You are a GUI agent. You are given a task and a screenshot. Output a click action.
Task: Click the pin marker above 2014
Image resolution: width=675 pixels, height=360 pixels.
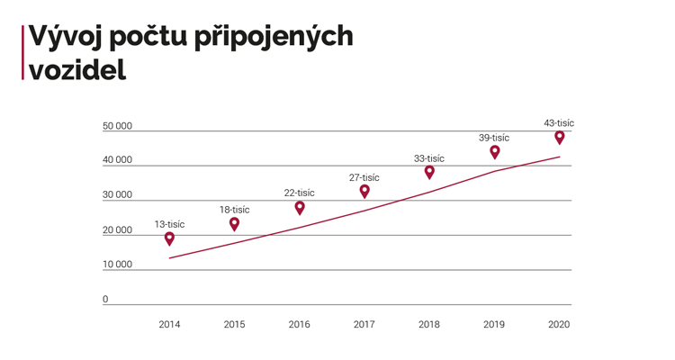click(169, 238)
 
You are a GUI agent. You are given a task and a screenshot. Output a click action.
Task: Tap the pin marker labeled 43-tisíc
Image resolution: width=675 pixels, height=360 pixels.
click(560, 137)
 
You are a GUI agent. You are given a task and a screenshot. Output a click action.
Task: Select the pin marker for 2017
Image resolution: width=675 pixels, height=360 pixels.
click(364, 191)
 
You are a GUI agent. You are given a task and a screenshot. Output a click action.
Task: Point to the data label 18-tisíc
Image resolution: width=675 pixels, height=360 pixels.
click(234, 210)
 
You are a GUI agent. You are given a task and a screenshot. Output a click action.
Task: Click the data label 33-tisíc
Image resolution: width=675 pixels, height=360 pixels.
click(429, 158)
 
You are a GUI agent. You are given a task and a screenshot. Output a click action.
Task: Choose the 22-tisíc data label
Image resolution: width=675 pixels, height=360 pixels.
click(300, 193)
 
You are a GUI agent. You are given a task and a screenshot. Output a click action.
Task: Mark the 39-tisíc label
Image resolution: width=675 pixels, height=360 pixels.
click(494, 138)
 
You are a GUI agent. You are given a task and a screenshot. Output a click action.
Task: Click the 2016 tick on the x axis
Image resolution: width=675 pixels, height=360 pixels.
click(300, 324)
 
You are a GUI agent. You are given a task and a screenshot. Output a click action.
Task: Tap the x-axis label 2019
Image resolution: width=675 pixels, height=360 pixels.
click(494, 324)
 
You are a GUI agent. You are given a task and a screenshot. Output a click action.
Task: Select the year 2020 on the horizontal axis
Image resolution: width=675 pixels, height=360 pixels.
click(559, 324)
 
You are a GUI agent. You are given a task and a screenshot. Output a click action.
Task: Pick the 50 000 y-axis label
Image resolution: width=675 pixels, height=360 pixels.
click(118, 126)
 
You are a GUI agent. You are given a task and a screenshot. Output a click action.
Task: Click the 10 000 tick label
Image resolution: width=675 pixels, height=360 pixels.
click(118, 265)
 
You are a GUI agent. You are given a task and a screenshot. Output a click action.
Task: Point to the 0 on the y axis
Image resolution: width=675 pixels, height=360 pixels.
click(105, 300)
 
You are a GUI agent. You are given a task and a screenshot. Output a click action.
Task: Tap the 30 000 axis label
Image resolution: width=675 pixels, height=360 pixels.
click(118, 195)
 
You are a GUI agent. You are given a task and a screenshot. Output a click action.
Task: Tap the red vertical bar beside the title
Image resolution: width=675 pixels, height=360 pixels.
click(22, 52)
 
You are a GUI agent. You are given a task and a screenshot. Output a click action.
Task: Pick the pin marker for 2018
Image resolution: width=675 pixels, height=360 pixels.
click(429, 172)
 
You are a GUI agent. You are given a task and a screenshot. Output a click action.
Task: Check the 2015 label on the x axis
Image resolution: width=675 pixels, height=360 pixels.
click(234, 324)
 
